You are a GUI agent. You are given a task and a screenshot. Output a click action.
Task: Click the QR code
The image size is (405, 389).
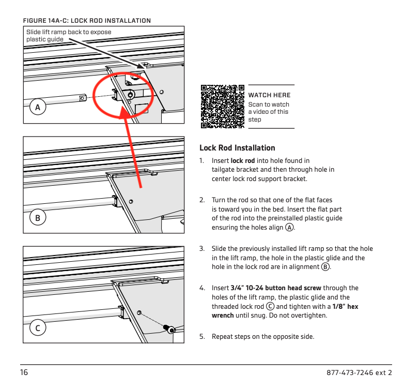pos(222,107)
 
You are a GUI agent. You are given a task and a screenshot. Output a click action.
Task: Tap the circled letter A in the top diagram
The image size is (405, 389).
pos(38,107)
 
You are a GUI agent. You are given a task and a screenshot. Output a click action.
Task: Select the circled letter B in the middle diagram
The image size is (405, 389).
pos(38,217)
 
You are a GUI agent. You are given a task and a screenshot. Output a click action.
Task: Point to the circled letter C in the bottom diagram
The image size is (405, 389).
pos(38,328)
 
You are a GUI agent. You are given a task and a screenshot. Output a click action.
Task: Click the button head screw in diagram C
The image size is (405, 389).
pos(169,329)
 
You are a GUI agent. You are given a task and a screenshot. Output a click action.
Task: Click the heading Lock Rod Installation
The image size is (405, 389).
pos(237,148)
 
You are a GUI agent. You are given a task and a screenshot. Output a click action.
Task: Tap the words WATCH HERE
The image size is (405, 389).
pos(270,95)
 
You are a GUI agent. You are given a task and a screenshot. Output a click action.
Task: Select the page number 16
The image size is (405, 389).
pos(24,372)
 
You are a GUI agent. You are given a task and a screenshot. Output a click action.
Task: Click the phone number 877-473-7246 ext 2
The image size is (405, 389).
pos(360,372)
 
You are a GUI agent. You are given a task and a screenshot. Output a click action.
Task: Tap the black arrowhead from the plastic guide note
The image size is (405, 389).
pos(141,66)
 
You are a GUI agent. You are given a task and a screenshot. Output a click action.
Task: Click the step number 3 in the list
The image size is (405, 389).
pos(201,248)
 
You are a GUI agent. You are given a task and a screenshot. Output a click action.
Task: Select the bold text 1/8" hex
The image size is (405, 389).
pos(345,306)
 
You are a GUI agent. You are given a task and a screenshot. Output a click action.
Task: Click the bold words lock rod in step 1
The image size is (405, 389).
pos(243,160)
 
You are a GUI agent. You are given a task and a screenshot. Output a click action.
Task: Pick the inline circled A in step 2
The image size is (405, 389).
pos(289,228)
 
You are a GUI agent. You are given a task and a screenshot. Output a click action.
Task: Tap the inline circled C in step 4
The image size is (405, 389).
pos(270,306)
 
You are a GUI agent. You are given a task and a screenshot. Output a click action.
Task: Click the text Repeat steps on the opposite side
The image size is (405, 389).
pos(263,336)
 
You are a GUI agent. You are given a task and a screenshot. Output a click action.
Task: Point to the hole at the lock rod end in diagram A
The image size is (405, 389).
pos(82,98)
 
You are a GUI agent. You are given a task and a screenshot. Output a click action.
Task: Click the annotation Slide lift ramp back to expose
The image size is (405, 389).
pos(69,32)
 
